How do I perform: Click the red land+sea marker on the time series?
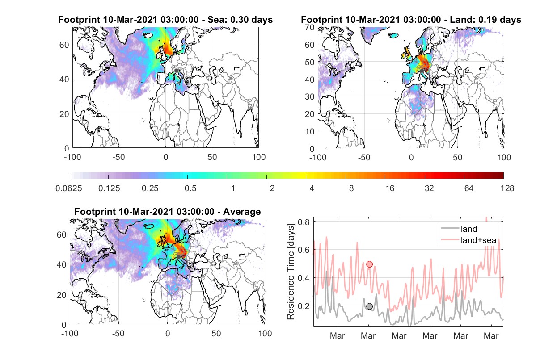point(370,264)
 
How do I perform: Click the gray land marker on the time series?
point(370,306)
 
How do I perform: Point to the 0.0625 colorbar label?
point(69,188)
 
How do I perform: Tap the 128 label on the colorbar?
point(507,188)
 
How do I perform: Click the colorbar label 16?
point(390,188)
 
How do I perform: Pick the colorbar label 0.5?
point(190,188)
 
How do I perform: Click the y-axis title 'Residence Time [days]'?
point(291,272)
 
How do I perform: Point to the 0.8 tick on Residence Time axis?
point(304,222)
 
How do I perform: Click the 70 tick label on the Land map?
point(310,27)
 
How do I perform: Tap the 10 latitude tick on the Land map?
point(310,131)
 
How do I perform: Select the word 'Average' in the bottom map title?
point(242,212)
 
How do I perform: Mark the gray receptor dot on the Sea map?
point(176,71)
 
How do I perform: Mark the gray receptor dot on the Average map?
point(179,257)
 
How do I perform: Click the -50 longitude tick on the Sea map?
point(118,157)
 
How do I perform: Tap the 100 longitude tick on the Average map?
point(265,333)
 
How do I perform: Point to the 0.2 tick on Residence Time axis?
point(304,306)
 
